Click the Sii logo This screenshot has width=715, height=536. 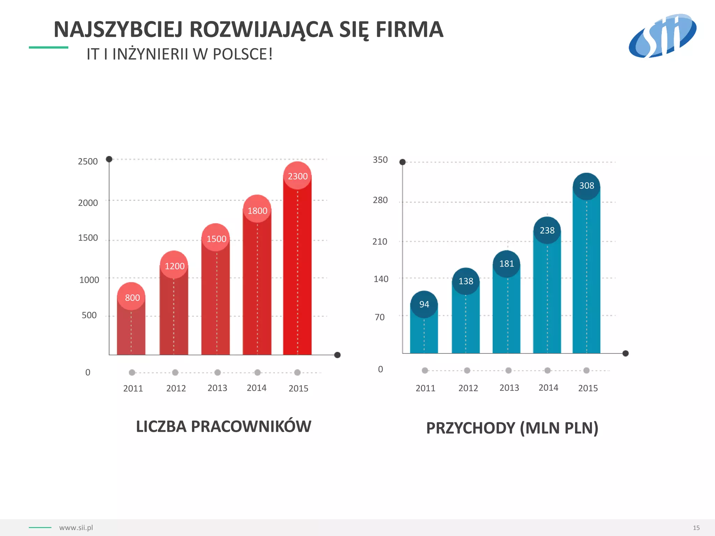point(662,36)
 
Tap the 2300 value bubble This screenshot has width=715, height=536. point(297,176)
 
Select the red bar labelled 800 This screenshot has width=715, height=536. point(131,332)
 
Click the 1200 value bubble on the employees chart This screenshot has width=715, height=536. point(174,266)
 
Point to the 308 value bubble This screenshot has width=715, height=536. point(587,186)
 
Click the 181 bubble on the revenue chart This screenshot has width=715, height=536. point(507,263)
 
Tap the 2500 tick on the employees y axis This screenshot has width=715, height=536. point(88,161)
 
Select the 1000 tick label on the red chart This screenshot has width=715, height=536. point(89,280)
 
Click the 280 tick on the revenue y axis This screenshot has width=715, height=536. point(380,200)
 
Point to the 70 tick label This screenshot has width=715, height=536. point(379,317)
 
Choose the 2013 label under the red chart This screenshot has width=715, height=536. point(217,388)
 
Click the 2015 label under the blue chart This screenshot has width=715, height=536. point(588,388)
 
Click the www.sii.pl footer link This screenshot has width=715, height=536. point(76,528)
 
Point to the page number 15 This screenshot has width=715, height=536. point(696,528)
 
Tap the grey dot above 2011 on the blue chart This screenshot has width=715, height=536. point(425,370)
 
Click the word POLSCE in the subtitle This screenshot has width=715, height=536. point(242,54)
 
